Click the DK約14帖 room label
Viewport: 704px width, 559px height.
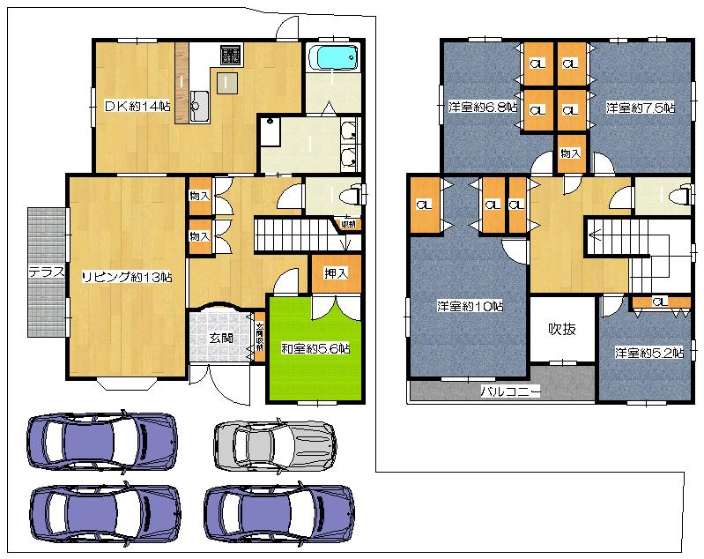click(x=137, y=107)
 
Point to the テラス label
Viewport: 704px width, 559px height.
click(x=46, y=271)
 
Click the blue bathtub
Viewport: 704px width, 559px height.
click(x=335, y=58)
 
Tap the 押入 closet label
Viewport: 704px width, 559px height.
click(x=336, y=273)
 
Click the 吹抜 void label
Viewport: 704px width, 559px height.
click(x=562, y=329)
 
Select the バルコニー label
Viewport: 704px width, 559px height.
click(x=509, y=389)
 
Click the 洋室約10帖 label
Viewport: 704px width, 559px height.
click(x=470, y=307)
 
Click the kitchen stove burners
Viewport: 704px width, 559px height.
click(x=230, y=56)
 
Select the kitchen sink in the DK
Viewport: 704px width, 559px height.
click(x=197, y=107)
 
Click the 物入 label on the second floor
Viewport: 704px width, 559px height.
click(x=570, y=153)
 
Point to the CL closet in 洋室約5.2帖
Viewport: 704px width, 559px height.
click(x=658, y=302)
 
